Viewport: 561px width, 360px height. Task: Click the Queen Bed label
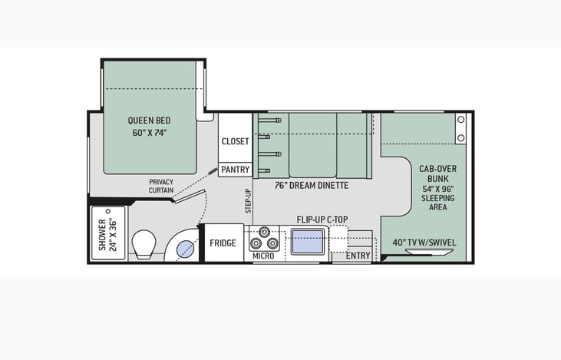(x=149, y=121)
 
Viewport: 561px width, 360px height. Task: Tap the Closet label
(x=235, y=141)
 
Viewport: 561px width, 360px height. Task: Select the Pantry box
(x=235, y=170)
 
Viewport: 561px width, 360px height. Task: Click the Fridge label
(x=223, y=243)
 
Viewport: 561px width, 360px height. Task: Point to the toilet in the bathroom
(x=144, y=244)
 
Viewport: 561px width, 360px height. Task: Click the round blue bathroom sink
(x=185, y=249)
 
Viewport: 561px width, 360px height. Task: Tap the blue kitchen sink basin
(x=308, y=242)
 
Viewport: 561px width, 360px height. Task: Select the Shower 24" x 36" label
(x=107, y=235)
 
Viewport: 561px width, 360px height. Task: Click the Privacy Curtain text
(x=161, y=186)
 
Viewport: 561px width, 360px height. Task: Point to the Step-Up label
(x=249, y=201)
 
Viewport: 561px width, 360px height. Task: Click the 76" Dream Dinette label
(x=312, y=185)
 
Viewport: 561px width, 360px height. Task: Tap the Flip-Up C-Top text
(x=322, y=220)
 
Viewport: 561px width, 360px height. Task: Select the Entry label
(x=358, y=256)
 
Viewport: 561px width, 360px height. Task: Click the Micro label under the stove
(x=263, y=256)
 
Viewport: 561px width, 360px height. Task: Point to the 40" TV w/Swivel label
(x=424, y=243)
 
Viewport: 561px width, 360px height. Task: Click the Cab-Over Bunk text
(x=438, y=173)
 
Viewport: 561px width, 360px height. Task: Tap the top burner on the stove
(x=264, y=232)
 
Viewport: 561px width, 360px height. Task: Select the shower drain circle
(x=107, y=211)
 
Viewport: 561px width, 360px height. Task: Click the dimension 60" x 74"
(x=150, y=133)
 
